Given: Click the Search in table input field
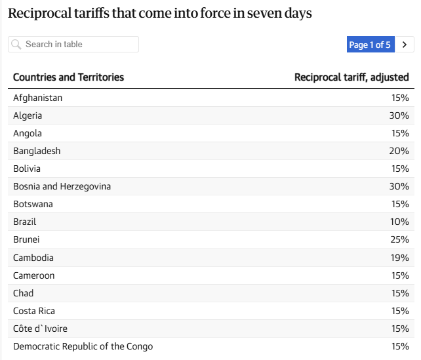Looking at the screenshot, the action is (x=73, y=45).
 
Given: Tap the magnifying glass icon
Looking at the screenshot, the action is (x=16, y=45).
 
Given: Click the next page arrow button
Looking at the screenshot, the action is (x=405, y=45).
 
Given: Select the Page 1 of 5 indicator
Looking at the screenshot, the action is (x=371, y=45).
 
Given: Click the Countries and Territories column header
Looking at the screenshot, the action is (x=68, y=77).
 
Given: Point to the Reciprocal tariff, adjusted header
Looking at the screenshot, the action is (x=351, y=77).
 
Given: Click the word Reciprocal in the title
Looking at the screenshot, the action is (x=40, y=13).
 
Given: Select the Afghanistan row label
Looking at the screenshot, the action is (x=37, y=98).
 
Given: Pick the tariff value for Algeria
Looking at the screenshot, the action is (x=399, y=115).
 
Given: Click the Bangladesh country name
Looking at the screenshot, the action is (x=37, y=151).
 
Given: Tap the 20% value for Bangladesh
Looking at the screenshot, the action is (x=399, y=151).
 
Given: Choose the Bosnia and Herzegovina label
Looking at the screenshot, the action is (x=62, y=187).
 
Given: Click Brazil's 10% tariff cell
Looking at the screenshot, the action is (x=399, y=222).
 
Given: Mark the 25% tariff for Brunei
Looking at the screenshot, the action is (x=399, y=240).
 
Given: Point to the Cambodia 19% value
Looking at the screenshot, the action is (x=400, y=258).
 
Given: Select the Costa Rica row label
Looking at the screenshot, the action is (x=34, y=311).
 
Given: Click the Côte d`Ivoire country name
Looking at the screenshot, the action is (x=40, y=329).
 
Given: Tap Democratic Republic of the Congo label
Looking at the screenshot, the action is (x=83, y=347).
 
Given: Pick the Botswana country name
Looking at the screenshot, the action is (x=33, y=205).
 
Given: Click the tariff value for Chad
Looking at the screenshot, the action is (x=400, y=293).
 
